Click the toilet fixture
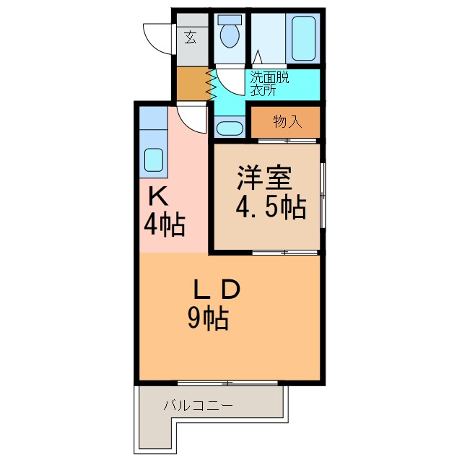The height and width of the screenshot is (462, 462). (230, 32)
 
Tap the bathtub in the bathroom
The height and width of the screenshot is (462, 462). (304, 38)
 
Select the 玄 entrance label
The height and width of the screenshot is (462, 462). (190, 38)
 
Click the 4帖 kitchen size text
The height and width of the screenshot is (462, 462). (164, 225)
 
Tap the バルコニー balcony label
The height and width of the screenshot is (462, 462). (198, 406)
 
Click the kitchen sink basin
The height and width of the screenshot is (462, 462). (154, 160)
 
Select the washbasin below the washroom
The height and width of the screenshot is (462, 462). (230, 128)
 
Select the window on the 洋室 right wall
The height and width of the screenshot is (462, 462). (322, 196)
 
